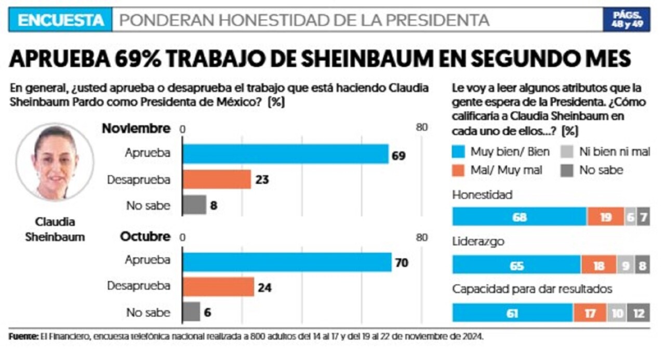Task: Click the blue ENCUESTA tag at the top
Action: [60, 20]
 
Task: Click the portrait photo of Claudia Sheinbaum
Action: [55, 162]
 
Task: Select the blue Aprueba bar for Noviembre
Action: [286, 154]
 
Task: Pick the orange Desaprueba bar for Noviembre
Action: [217, 180]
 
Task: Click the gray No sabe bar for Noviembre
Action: [195, 205]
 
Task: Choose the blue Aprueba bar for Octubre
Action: [287, 262]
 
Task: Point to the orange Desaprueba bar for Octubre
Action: [218, 287]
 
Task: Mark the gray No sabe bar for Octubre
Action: [192, 312]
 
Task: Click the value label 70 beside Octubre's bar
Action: [402, 263]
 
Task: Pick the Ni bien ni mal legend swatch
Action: [567, 152]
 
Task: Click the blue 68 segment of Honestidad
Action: [520, 217]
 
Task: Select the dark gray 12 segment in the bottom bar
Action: [639, 313]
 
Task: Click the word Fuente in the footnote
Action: [23, 337]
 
